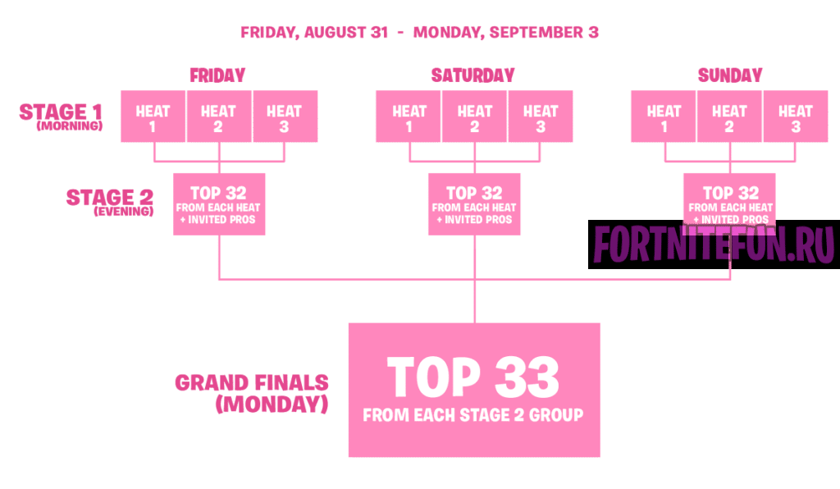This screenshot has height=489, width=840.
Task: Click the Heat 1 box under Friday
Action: pyautogui.click(x=153, y=117)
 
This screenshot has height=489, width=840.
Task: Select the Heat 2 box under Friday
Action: pyautogui.click(x=218, y=117)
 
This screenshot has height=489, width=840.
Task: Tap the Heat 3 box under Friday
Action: pyautogui.click(x=284, y=117)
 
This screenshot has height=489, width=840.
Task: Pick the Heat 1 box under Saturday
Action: pyautogui.click(x=409, y=117)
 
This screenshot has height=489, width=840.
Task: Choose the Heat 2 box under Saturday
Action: pyautogui.click(x=474, y=117)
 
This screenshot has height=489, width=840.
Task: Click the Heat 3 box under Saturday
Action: pyautogui.click(x=540, y=117)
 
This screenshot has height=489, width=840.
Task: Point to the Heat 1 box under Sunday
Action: pyautogui.click(x=663, y=117)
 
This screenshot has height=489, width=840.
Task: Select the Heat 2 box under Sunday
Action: pyautogui.click(x=729, y=117)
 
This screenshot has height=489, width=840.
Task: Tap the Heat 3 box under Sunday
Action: pyautogui.click(x=795, y=117)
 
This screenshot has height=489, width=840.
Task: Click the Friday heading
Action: pyautogui.click(x=217, y=75)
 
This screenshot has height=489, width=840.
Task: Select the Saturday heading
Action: pyautogui.click(x=473, y=75)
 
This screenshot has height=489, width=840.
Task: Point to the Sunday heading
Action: pyautogui.click(x=730, y=75)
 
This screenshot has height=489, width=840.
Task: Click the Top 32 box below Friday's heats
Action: pyautogui.click(x=220, y=204)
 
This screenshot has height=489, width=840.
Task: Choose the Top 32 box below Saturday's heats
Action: pyautogui.click(x=474, y=204)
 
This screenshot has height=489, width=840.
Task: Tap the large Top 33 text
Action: pyautogui.click(x=473, y=377)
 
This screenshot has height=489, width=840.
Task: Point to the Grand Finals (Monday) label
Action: pyautogui.click(x=253, y=393)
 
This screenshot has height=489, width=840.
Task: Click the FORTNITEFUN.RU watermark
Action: pyautogui.click(x=710, y=244)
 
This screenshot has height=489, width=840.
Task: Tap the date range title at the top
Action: pyautogui.click(x=419, y=33)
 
